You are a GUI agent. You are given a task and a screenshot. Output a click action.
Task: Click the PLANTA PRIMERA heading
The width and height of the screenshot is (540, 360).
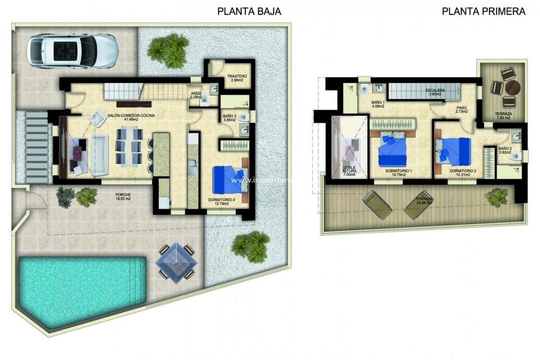click(x=483, y=11)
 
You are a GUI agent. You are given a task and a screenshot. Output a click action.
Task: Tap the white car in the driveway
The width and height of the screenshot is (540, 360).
click(x=73, y=50)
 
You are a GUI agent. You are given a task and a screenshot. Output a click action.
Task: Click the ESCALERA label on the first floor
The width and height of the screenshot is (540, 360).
click(x=435, y=90)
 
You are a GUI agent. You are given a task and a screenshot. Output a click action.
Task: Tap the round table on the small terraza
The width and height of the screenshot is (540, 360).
click(x=512, y=88)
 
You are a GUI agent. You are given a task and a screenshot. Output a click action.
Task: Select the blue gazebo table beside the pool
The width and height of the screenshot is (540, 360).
click(x=175, y=261)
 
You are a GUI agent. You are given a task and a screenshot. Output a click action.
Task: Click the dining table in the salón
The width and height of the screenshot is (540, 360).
click(x=129, y=145)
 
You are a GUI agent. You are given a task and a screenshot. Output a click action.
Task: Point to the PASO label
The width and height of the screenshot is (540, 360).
click(x=461, y=109)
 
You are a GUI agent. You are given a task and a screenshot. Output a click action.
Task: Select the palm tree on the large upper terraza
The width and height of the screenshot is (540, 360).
click(x=497, y=196)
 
